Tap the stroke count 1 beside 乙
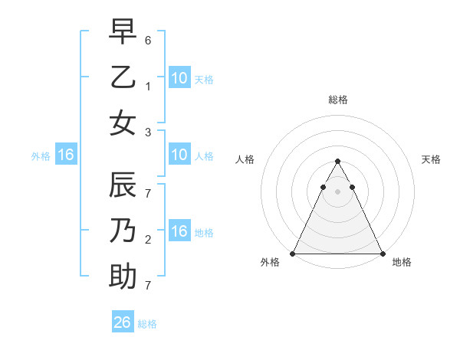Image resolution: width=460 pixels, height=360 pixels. click(148, 86)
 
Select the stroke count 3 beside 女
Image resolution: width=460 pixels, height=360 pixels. click(148, 132)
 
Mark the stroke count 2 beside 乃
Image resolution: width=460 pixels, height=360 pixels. click(148, 240)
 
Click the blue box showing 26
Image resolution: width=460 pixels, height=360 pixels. click(123, 322)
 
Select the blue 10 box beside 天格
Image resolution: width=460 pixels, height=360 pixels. click(179, 77)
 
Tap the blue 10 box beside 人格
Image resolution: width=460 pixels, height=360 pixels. click(179, 155)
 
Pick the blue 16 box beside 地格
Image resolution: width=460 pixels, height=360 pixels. click(179, 231)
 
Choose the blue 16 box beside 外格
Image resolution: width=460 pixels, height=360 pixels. click(66, 155)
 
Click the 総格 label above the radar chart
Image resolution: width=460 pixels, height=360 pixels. click(338, 100)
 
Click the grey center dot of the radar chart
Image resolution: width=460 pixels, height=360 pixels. click(338, 191)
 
